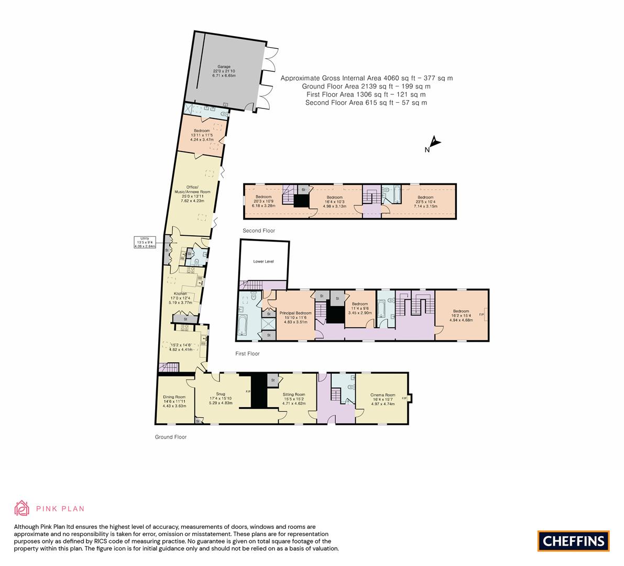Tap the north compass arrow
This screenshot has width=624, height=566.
(434, 142)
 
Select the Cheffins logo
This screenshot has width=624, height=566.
(573, 541)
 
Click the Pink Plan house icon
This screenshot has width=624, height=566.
(22, 508)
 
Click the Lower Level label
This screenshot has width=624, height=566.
(264, 261)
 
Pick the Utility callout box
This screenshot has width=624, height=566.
(145, 242)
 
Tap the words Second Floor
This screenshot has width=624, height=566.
(259, 231)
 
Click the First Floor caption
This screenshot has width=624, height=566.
(247, 354)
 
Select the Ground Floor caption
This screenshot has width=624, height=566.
(171, 437)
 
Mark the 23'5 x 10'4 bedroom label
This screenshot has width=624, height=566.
(425, 202)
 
